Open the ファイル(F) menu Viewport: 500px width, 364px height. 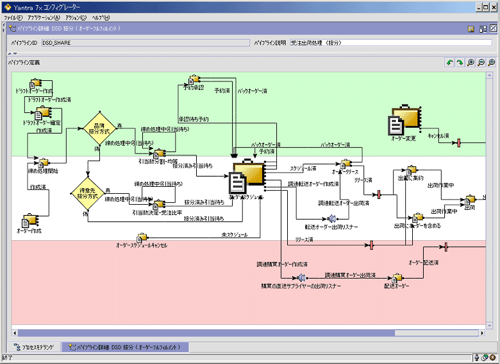pyautogui.click(x=13, y=17)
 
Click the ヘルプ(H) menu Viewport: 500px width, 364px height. pyautogui.click(x=101, y=17)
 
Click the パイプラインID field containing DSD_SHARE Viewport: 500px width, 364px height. pyautogui.click(x=144, y=42)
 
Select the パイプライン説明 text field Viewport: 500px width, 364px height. pyautogui.click(x=382, y=42)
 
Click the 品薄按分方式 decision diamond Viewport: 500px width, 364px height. pyautogui.click(x=99, y=128)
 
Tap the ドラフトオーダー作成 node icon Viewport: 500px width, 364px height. pyautogui.click(x=35, y=83)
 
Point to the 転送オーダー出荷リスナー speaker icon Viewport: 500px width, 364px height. pyautogui.click(x=331, y=219)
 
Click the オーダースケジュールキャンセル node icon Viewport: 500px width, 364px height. pyautogui.click(x=142, y=238)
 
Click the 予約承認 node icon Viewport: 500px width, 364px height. pyautogui.click(x=193, y=80)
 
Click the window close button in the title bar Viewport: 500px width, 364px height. pyautogui.click(x=494, y=6)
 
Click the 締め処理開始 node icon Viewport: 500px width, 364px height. pyautogui.click(x=44, y=162)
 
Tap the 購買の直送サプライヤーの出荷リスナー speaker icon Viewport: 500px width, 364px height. pyautogui.click(x=301, y=277)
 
